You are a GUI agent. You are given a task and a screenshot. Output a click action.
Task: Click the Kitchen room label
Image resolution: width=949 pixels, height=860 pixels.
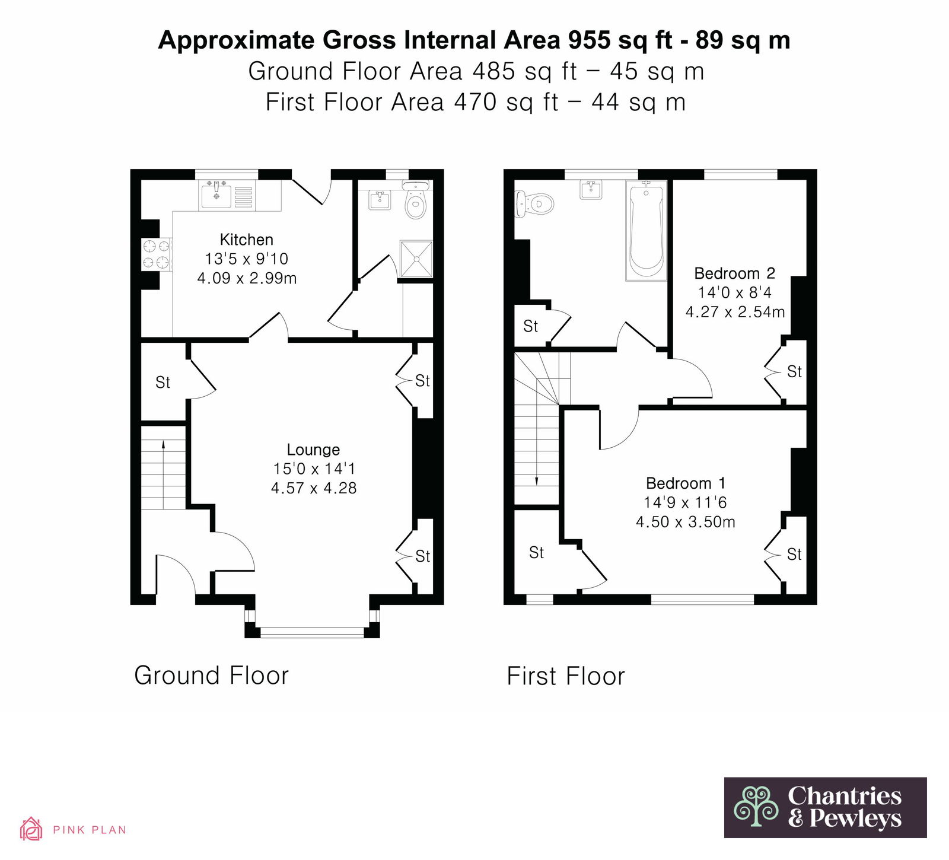point(246,240)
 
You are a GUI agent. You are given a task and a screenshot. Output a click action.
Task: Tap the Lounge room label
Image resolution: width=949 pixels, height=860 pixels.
point(313,450)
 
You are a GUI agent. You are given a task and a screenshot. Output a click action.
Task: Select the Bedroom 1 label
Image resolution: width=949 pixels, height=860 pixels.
point(686,483)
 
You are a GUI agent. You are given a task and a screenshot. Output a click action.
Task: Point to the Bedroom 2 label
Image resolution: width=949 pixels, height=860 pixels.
point(734,273)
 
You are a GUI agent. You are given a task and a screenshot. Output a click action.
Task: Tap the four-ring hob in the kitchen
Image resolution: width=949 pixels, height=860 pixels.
point(156,254)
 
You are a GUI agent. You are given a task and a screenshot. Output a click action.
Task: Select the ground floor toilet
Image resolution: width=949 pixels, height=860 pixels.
point(416,199)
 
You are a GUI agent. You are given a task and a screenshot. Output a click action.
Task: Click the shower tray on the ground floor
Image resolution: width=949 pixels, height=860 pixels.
point(416,259)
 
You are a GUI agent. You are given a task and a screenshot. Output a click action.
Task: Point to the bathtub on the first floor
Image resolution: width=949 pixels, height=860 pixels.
point(647,230)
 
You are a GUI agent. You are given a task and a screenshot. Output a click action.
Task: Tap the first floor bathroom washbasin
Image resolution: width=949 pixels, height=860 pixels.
point(591,190)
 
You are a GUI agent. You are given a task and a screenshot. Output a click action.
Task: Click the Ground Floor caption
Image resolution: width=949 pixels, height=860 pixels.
point(211,676)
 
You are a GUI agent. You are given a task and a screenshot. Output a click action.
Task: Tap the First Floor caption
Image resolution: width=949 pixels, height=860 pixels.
point(566,676)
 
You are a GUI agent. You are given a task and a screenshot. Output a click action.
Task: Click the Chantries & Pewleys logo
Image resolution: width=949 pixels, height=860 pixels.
point(825,807)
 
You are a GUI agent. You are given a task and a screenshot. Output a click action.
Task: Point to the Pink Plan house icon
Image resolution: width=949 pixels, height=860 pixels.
point(31,829)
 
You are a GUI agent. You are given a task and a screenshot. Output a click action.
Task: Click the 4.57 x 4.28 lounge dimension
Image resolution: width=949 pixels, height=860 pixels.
point(314,488)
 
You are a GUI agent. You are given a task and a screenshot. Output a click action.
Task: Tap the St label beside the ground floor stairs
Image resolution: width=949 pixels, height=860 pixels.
point(163,383)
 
